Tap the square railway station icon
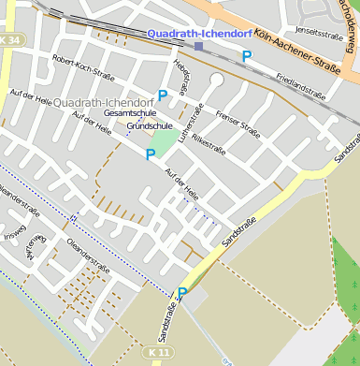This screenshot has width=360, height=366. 198,46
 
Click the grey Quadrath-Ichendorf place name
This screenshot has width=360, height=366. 104,101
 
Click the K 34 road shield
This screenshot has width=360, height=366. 11,40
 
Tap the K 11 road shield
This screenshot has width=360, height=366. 159,351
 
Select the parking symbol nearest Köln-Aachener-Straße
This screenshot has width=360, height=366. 247,56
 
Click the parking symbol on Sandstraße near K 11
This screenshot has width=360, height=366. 182,293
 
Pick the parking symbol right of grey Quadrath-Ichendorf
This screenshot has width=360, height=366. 163,95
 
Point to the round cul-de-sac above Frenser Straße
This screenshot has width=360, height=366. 217,80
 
